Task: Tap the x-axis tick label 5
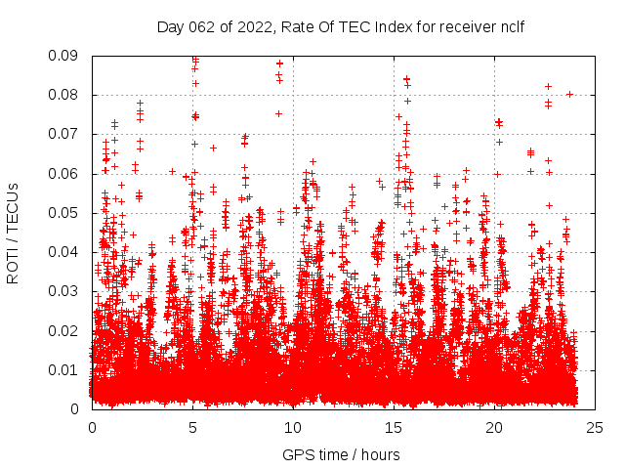coord(192,427)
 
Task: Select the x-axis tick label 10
coord(293,427)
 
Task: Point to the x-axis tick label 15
coord(394,427)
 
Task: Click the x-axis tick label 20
coord(494,427)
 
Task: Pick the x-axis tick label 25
coord(595,427)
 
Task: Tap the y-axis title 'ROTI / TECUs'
coord(13,233)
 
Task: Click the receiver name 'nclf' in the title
coord(512,26)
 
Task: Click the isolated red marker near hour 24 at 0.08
coord(569,95)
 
